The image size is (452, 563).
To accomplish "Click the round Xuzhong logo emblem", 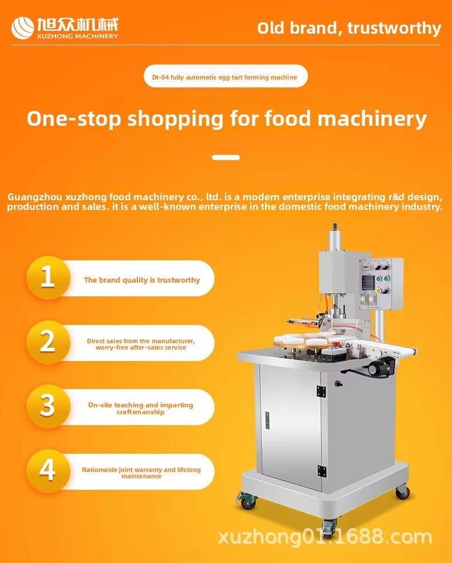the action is tap(23, 27).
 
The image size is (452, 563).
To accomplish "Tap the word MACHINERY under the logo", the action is tap(96, 36).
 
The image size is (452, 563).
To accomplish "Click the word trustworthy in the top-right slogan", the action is tap(394, 29).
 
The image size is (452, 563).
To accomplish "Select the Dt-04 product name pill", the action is tap(225, 76).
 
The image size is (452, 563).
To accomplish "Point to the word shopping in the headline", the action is tap(176, 119).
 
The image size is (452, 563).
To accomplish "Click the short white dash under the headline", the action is tap(225, 157).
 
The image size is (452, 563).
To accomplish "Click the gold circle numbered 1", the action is tap(47, 277).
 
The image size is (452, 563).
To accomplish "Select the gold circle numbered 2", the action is tap(47, 342).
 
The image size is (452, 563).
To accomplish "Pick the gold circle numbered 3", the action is tap(47, 406).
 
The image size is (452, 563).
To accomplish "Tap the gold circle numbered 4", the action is tap(47, 470).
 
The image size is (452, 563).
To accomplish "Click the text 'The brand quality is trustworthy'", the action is tap(142, 280).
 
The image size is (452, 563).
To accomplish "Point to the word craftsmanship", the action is tap(140, 412).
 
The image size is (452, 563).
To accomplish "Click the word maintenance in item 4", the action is tap(141, 476).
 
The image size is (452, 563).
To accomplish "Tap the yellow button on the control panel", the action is tap(378, 291).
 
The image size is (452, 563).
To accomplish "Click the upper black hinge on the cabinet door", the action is tap(321, 391).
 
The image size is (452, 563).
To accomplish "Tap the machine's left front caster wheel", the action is tap(247, 502).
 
